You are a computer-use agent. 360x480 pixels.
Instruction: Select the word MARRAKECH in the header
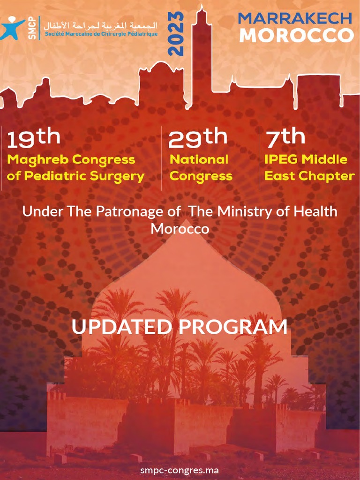tap(295, 18)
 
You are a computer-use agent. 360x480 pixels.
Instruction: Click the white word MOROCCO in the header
tap(296, 36)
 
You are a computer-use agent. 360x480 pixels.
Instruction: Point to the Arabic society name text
tap(100, 24)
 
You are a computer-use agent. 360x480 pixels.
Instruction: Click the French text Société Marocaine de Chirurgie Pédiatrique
tap(101, 34)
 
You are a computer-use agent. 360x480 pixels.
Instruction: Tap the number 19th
tap(33, 138)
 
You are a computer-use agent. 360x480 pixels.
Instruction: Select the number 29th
tap(197, 138)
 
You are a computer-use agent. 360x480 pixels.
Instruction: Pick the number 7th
tap(285, 138)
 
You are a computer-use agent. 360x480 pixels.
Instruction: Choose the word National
tap(199, 159)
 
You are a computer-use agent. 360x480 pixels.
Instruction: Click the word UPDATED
tap(121, 327)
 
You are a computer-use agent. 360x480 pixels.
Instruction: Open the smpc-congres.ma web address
tap(180, 470)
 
